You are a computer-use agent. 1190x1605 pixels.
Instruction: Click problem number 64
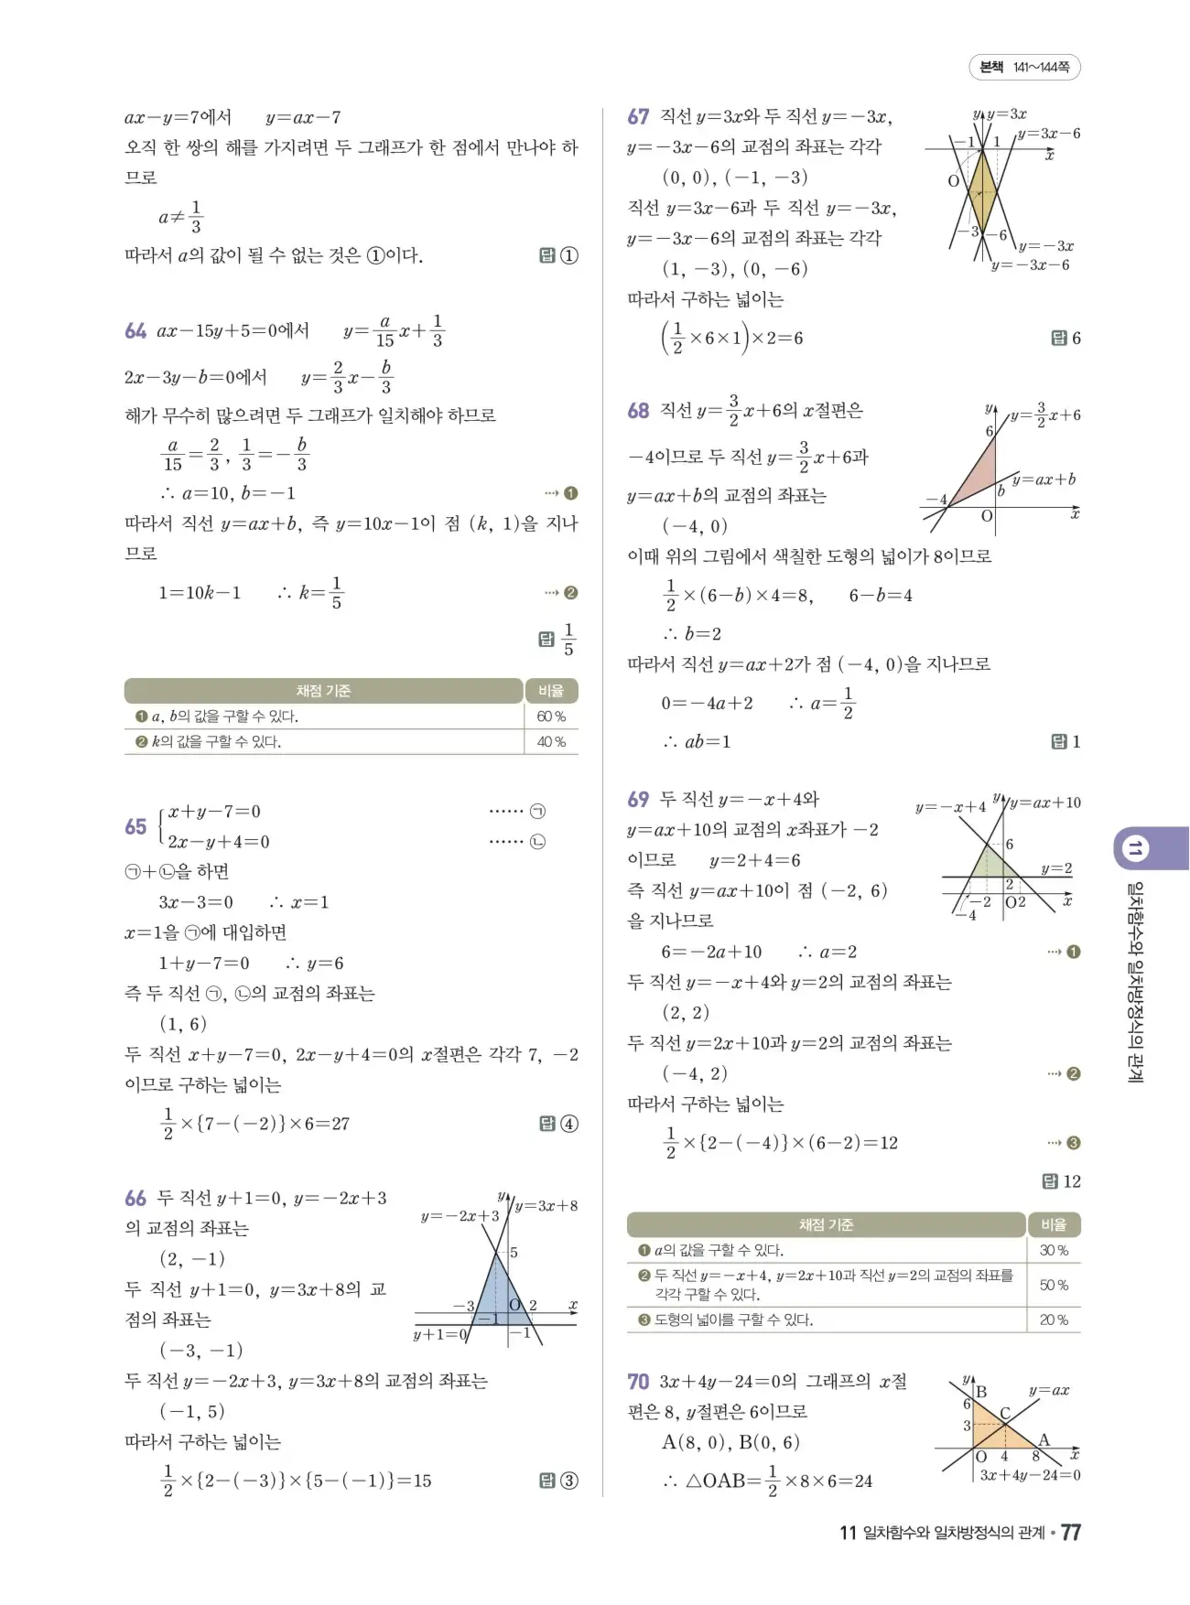point(135,331)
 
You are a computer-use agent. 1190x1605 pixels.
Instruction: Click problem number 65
point(135,827)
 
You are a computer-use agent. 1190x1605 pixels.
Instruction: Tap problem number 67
point(638,117)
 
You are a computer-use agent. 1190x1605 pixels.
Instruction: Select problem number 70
point(638,1382)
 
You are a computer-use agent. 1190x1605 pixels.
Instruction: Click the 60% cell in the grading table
point(551,716)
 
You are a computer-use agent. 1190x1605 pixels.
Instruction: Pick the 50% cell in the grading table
point(1054,1285)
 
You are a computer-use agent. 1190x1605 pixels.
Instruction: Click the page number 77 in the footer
point(1070,1533)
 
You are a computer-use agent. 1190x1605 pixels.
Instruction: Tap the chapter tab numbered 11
point(1134,848)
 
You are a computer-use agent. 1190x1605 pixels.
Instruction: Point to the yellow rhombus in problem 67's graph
point(981,192)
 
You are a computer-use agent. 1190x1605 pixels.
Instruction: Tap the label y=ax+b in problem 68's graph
point(1044,479)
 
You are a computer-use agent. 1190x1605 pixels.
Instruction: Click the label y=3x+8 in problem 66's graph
point(546,1206)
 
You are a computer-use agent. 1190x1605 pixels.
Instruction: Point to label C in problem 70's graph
point(1005,1413)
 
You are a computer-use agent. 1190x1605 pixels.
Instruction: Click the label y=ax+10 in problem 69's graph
point(1044,803)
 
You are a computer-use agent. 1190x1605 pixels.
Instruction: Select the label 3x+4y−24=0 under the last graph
point(1030,1475)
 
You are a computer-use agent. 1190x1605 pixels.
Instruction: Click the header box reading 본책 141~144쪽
point(1024,67)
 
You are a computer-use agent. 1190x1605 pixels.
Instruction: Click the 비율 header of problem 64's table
point(551,691)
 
